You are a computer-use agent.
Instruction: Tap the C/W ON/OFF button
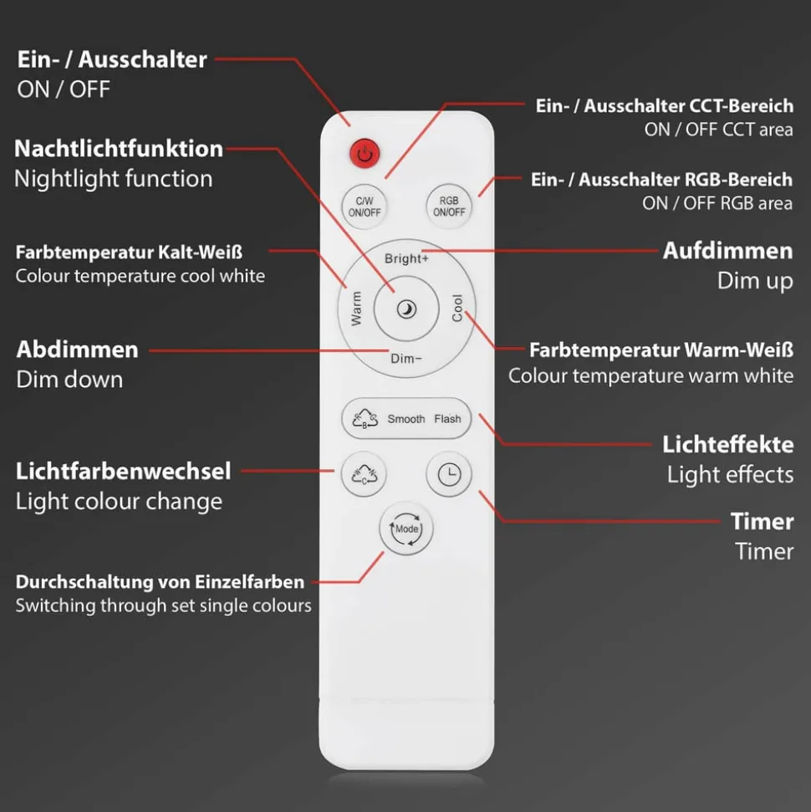click(x=364, y=207)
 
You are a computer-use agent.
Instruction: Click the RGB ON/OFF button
click(x=449, y=206)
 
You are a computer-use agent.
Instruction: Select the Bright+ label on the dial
click(x=406, y=258)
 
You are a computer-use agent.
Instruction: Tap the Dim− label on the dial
click(x=406, y=359)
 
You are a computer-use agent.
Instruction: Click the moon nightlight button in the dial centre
click(x=406, y=309)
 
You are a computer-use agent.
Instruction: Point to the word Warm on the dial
click(x=356, y=309)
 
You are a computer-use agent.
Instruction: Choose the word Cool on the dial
click(x=457, y=308)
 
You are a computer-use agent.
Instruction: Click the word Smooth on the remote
click(x=406, y=419)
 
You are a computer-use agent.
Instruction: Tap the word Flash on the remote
click(x=447, y=419)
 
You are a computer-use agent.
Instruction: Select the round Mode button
click(x=406, y=529)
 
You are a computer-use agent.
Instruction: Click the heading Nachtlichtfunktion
click(x=119, y=149)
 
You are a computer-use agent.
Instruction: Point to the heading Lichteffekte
click(x=727, y=445)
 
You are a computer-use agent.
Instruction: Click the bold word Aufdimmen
click(x=727, y=251)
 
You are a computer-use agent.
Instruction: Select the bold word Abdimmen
click(x=77, y=350)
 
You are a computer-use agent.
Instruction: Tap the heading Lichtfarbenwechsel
click(x=123, y=472)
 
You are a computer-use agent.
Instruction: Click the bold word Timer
click(x=762, y=522)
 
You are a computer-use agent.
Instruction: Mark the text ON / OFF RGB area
click(x=717, y=203)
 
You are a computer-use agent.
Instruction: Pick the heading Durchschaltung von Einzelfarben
click(x=160, y=582)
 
